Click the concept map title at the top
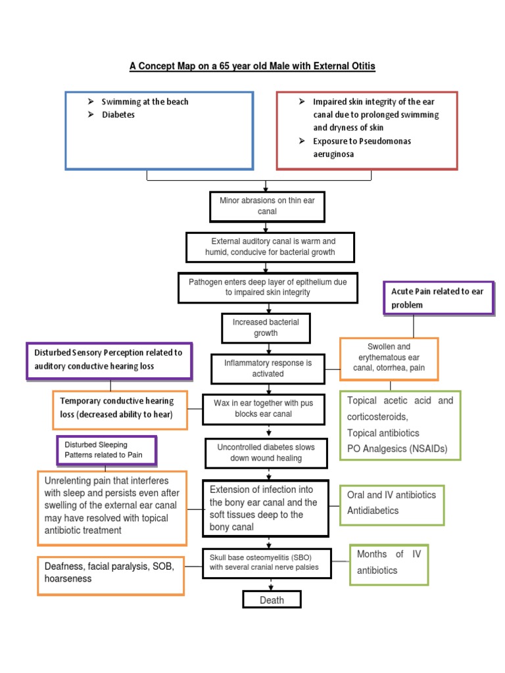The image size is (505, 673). click(252, 66)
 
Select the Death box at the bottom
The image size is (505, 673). click(272, 599)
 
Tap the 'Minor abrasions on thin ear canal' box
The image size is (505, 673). click(267, 206)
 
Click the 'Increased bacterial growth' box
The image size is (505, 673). click(265, 327)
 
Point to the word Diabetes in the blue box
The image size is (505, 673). click(118, 114)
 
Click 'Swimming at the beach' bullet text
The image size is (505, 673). click(145, 102)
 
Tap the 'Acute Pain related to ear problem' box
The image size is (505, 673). click(438, 298)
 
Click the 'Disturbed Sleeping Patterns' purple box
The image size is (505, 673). click(107, 450)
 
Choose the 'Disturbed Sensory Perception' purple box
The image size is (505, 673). click(108, 360)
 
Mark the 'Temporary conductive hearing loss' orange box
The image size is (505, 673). click(120, 407)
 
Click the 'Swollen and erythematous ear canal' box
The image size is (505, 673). click(389, 358)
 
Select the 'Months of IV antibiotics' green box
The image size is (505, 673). click(389, 563)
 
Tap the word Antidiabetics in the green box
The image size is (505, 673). click(373, 511)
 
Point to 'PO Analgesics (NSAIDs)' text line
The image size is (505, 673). click(397, 449)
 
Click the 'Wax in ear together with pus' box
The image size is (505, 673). click(264, 408)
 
